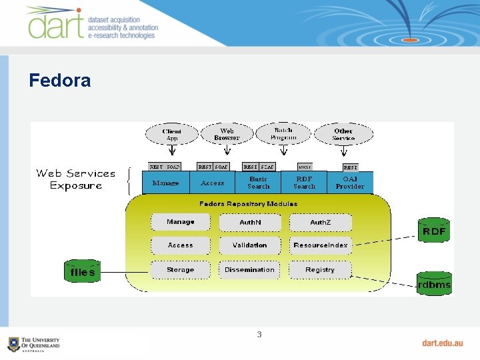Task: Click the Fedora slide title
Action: pos(60,81)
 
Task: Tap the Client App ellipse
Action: pos(171,134)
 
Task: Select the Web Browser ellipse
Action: pos(227,134)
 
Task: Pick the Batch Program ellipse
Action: pos(283,133)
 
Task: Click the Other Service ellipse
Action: pos(343,134)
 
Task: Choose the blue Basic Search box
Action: pos(258,183)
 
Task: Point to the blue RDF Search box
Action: pos(304,183)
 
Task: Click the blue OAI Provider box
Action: pos(350,183)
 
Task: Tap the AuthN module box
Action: pos(250,222)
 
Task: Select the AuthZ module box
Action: pos(320,222)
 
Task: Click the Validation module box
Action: pos(250,245)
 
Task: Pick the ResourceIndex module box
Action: pos(320,245)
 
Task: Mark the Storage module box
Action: pos(180,270)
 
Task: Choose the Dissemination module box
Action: pos(250,270)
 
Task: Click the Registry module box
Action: pos(320,270)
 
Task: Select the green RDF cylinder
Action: pos(434,231)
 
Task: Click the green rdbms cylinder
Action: pos(434,284)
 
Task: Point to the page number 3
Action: pos(259,334)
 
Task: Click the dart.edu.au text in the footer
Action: pos(442,343)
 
